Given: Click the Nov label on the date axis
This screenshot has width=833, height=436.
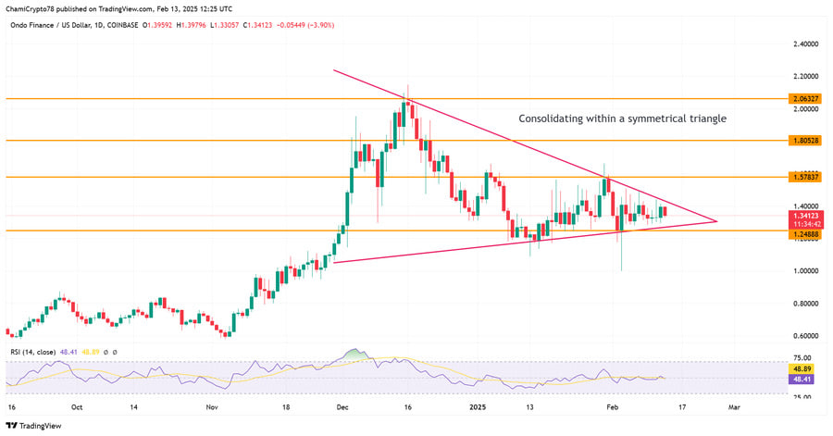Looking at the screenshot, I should click(211, 405).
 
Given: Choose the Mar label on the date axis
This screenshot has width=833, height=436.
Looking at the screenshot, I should click(733, 405).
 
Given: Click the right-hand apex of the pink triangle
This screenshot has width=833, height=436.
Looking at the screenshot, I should click(717, 220).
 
